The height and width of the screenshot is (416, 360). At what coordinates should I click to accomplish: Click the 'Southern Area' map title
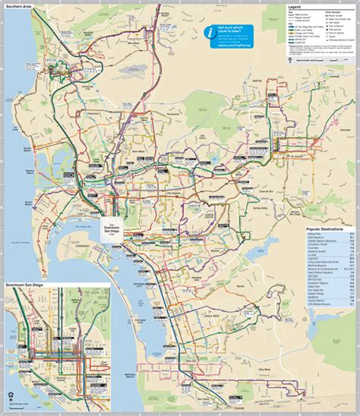[17, 5]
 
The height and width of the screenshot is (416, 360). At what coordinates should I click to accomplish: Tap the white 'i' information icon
[210, 32]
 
